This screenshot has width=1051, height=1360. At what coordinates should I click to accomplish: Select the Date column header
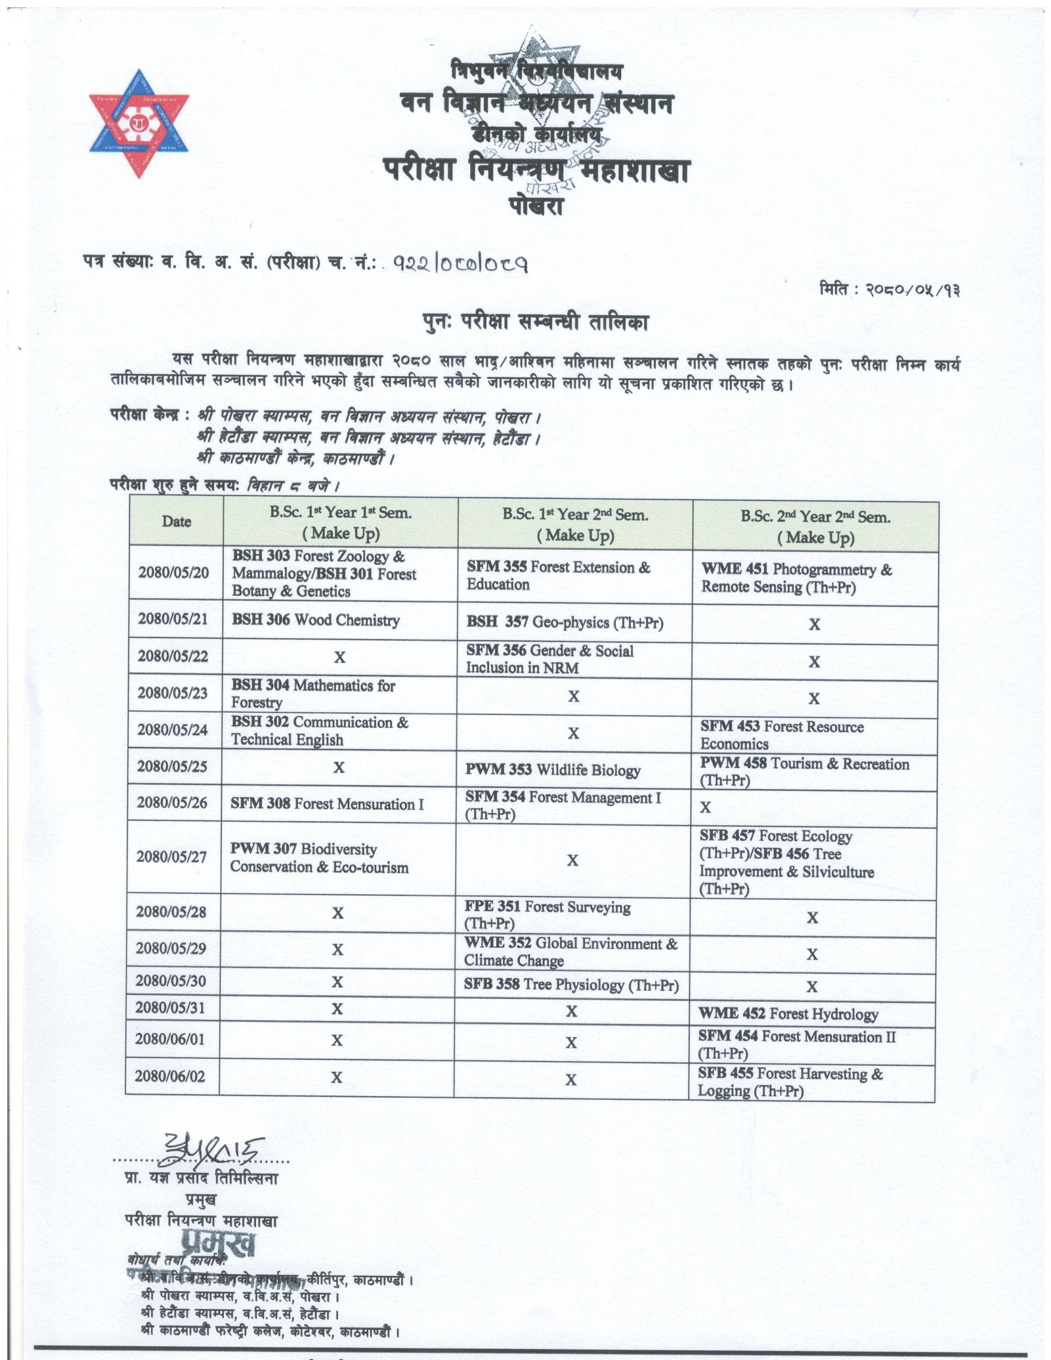176,522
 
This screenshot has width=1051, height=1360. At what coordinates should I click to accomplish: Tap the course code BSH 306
260,620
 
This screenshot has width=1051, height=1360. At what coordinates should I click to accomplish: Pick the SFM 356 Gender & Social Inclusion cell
550,660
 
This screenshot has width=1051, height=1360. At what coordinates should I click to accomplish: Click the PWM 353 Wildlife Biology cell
553,770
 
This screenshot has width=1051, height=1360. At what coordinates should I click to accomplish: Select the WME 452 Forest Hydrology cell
788,1014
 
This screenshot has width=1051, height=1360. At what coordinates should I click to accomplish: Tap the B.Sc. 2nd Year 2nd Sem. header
816,527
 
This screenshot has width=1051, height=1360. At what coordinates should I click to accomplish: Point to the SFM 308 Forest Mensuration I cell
327,805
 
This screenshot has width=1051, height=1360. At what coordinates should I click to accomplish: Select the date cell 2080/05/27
171,857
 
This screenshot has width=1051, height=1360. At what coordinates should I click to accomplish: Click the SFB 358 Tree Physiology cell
571,985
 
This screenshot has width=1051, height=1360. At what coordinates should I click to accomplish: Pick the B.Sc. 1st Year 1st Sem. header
341,523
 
